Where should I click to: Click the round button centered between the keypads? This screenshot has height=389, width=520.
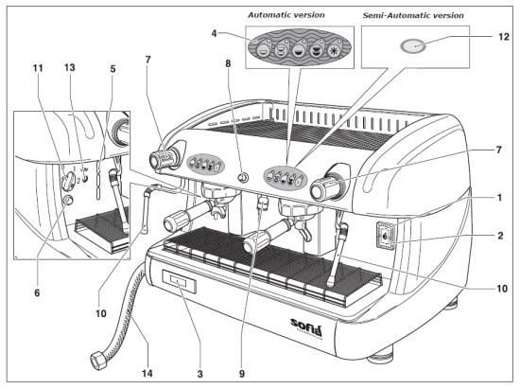click(242, 177)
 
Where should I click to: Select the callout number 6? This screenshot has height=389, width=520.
click(38, 294)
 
